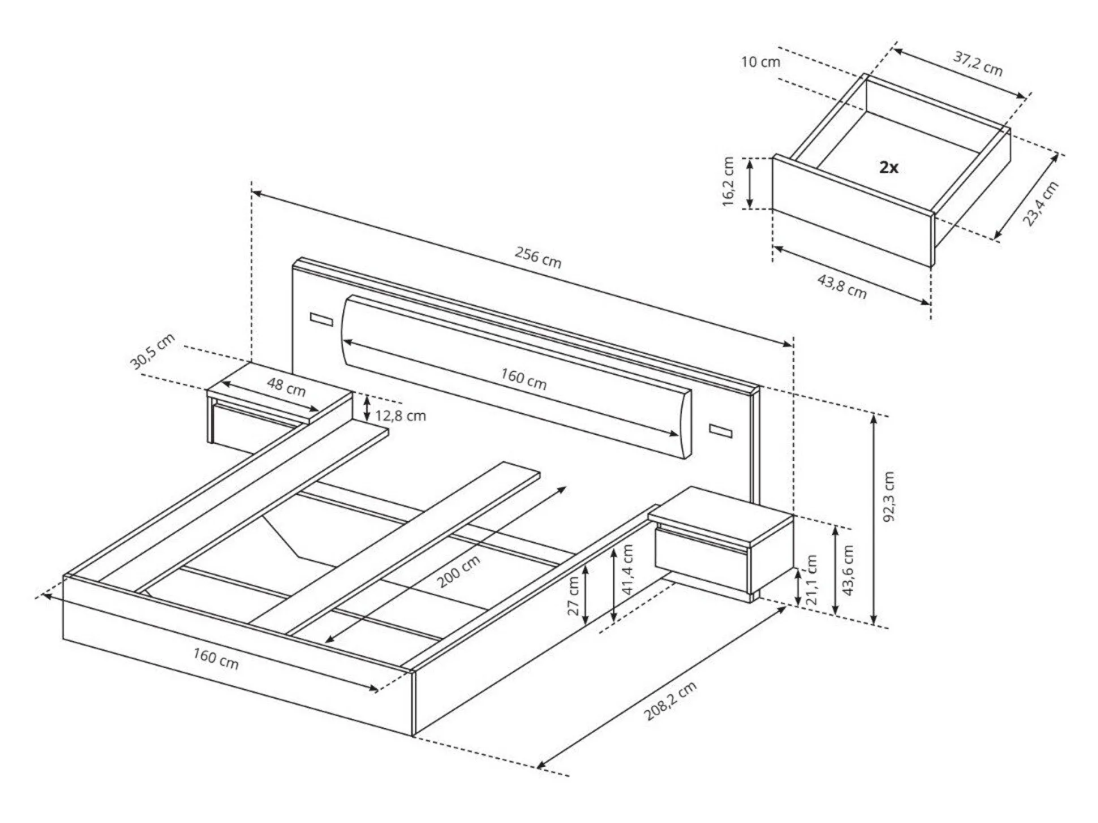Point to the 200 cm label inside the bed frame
[459, 571]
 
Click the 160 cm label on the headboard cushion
[524, 379]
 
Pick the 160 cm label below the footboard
[216, 659]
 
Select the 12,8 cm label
[400, 416]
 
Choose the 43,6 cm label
[847, 570]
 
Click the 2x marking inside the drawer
[889, 167]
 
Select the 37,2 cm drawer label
[978, 64]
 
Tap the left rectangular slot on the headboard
[321, 318]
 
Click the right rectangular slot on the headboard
[720, 430]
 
